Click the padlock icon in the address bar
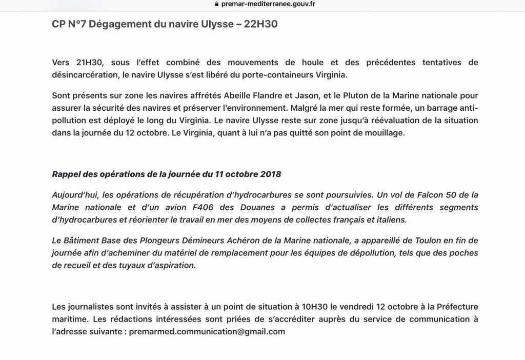tap(217, 4)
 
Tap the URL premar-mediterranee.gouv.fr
tap(268, 4)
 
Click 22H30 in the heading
tap(261, 24)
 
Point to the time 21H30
tap(89, 63)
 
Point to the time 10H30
tap(313, 307)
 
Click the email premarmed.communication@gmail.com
tap(207, 331)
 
